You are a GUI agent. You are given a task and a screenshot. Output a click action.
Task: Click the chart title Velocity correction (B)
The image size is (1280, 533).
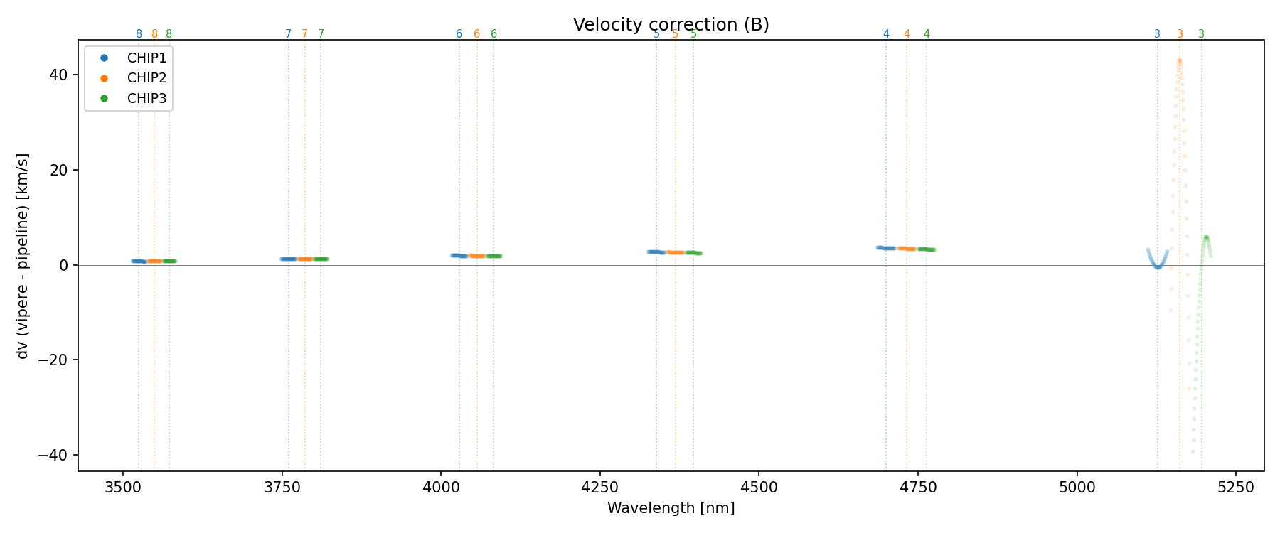[x=671, y=25]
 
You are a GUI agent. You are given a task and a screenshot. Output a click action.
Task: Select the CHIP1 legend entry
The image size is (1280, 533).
[x=146, y=58]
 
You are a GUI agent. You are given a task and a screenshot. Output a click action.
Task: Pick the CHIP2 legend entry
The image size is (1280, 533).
[x=146, y=78]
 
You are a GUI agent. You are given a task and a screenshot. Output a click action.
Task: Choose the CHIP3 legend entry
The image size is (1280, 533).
[x=146, y=99]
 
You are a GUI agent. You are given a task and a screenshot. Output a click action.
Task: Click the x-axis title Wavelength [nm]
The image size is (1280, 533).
[x=671, y=508]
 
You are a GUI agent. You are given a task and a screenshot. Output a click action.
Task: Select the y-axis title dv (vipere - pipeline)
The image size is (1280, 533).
[x=23, y=256]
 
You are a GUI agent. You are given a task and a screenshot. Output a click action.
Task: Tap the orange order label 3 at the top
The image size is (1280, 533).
[x=1180, y=34]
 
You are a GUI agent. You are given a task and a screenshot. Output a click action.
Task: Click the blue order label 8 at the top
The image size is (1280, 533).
[x=139, y=34]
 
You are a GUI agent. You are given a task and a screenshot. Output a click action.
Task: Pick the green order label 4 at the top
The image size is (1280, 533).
[x=927, y=34]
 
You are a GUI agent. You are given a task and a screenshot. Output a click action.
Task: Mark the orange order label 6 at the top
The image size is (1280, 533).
[x=476, y=34]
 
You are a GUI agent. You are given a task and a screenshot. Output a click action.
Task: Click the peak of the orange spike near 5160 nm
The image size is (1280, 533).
[x=1179, y=61]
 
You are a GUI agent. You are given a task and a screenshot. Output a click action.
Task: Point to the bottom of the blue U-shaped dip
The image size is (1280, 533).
[x=1158, y=267]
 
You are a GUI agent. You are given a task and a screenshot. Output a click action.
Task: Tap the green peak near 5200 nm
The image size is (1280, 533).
[x=1206, y=237]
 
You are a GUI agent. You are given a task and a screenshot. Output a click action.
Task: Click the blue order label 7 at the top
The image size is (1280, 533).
[x=288, y=34]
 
